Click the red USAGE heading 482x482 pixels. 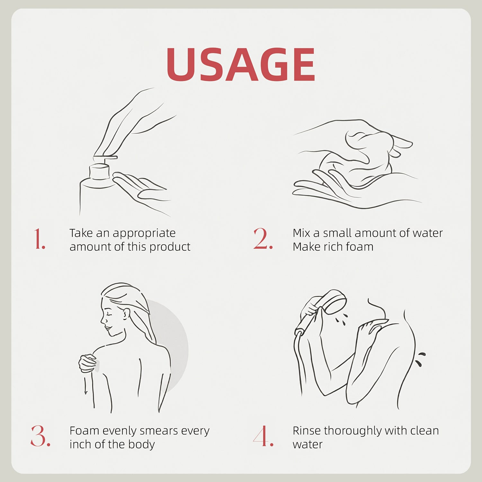coord(241,64)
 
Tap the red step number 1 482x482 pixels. coord(40,239)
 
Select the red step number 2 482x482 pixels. coord(263,239)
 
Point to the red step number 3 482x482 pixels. coord(40,436)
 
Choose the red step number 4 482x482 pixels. coord(263,436)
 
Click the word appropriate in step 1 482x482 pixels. coord(144,234)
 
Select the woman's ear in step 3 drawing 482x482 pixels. coord(126,313)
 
